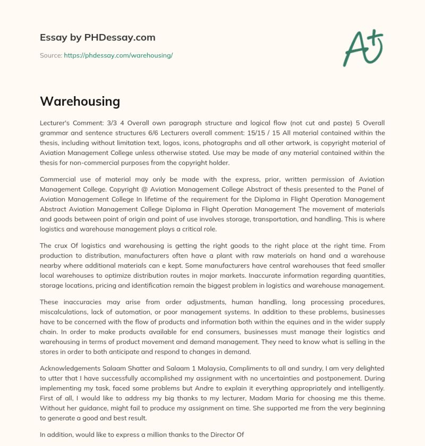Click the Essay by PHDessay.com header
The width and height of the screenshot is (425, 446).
(x=98, y=38)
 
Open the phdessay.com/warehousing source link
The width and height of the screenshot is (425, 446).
(x=118, y=55)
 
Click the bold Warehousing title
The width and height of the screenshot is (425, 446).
(x=80, y=101)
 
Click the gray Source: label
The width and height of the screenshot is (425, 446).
(x=50, y=55)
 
